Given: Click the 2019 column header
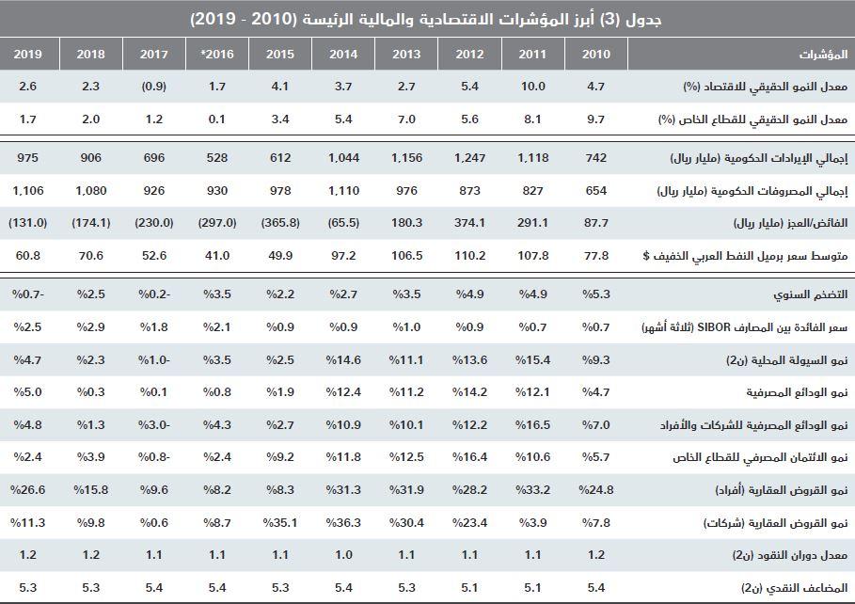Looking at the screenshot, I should (27, 54).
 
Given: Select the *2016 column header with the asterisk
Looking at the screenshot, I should (217, 54).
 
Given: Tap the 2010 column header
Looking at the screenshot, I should (595, 54).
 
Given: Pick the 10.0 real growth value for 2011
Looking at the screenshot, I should (533, 87).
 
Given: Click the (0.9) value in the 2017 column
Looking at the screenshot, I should (153, 87).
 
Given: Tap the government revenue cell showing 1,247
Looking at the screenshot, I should (469, 158).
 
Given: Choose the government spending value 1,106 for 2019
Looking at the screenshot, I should (28, 191).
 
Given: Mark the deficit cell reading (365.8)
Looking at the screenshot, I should (279, 224).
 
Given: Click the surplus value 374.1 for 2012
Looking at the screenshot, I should (469, 224).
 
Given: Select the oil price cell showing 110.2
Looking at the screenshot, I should (469, 256).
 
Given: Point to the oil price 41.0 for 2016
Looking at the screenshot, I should (217, 256).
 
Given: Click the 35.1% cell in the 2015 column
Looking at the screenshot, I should (279, 522).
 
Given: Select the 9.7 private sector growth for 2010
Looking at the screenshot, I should (595, 119).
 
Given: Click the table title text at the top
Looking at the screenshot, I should (426, 18).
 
